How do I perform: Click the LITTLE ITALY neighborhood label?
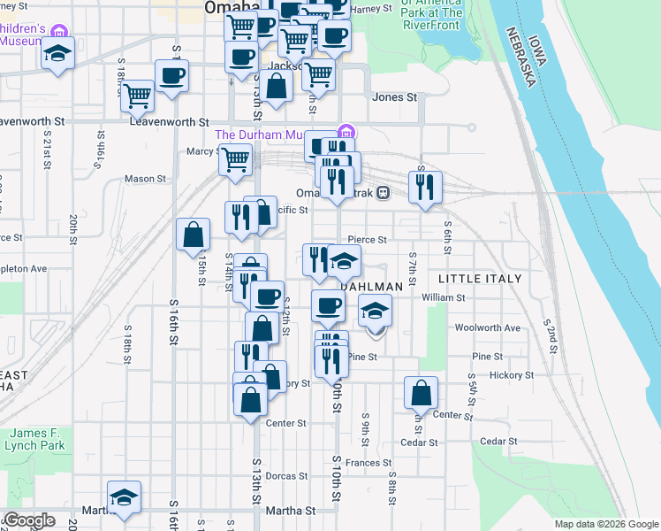(481, 279)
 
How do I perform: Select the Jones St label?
(394, 97)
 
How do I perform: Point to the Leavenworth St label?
(168, 122)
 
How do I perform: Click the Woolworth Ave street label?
(488, 327)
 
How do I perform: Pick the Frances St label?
(368, 463)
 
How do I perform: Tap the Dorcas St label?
(286, 476)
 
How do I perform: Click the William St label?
(444, 298)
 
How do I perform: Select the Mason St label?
(145, 179)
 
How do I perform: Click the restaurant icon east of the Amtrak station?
(425, 186)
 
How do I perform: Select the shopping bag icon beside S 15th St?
(193, 235)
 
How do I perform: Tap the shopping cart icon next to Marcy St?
(235, 159)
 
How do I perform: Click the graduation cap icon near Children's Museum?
(58, 52)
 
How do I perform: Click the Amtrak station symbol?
(384, 193)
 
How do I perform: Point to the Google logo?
(28, 520)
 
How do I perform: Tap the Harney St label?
(371, 9)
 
